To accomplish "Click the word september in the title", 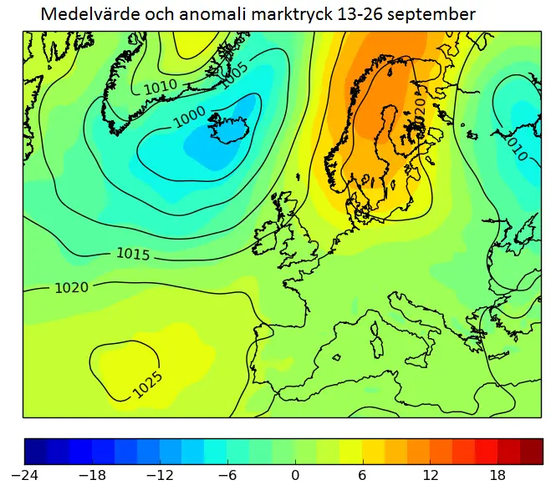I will pos(435,15).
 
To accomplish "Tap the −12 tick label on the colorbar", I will pos(160,475).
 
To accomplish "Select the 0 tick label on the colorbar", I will pos(295,475).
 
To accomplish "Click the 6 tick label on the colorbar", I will pos(363,475).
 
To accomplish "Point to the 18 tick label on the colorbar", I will pos(498,475).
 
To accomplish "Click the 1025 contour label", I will pos(147,383).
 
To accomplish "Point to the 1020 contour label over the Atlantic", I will pos(71,288).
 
